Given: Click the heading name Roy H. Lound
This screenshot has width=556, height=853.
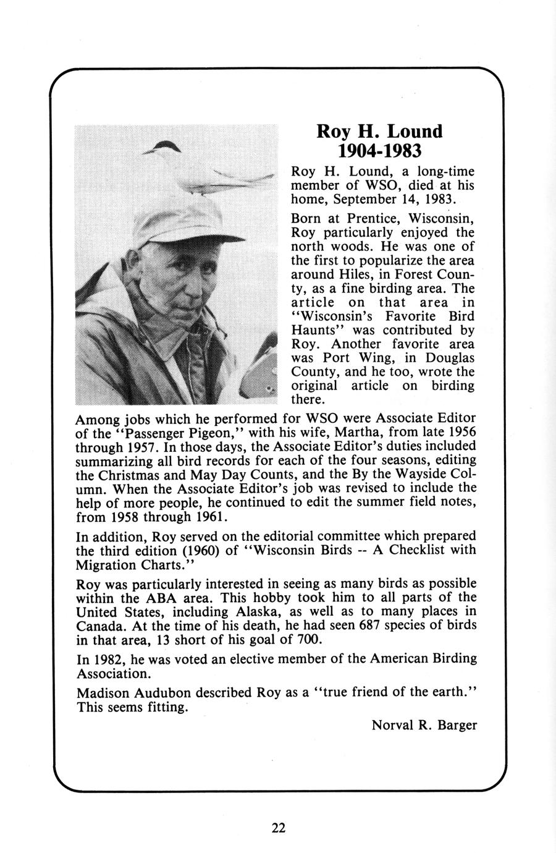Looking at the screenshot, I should click(379, 131).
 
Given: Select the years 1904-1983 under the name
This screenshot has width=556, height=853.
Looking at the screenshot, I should click(379, 150).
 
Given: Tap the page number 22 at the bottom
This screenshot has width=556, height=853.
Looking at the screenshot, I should click(278, 828).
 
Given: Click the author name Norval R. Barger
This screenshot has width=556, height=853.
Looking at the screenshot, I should click(424, 725).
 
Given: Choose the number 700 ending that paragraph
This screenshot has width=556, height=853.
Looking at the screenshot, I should click(306, 639).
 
